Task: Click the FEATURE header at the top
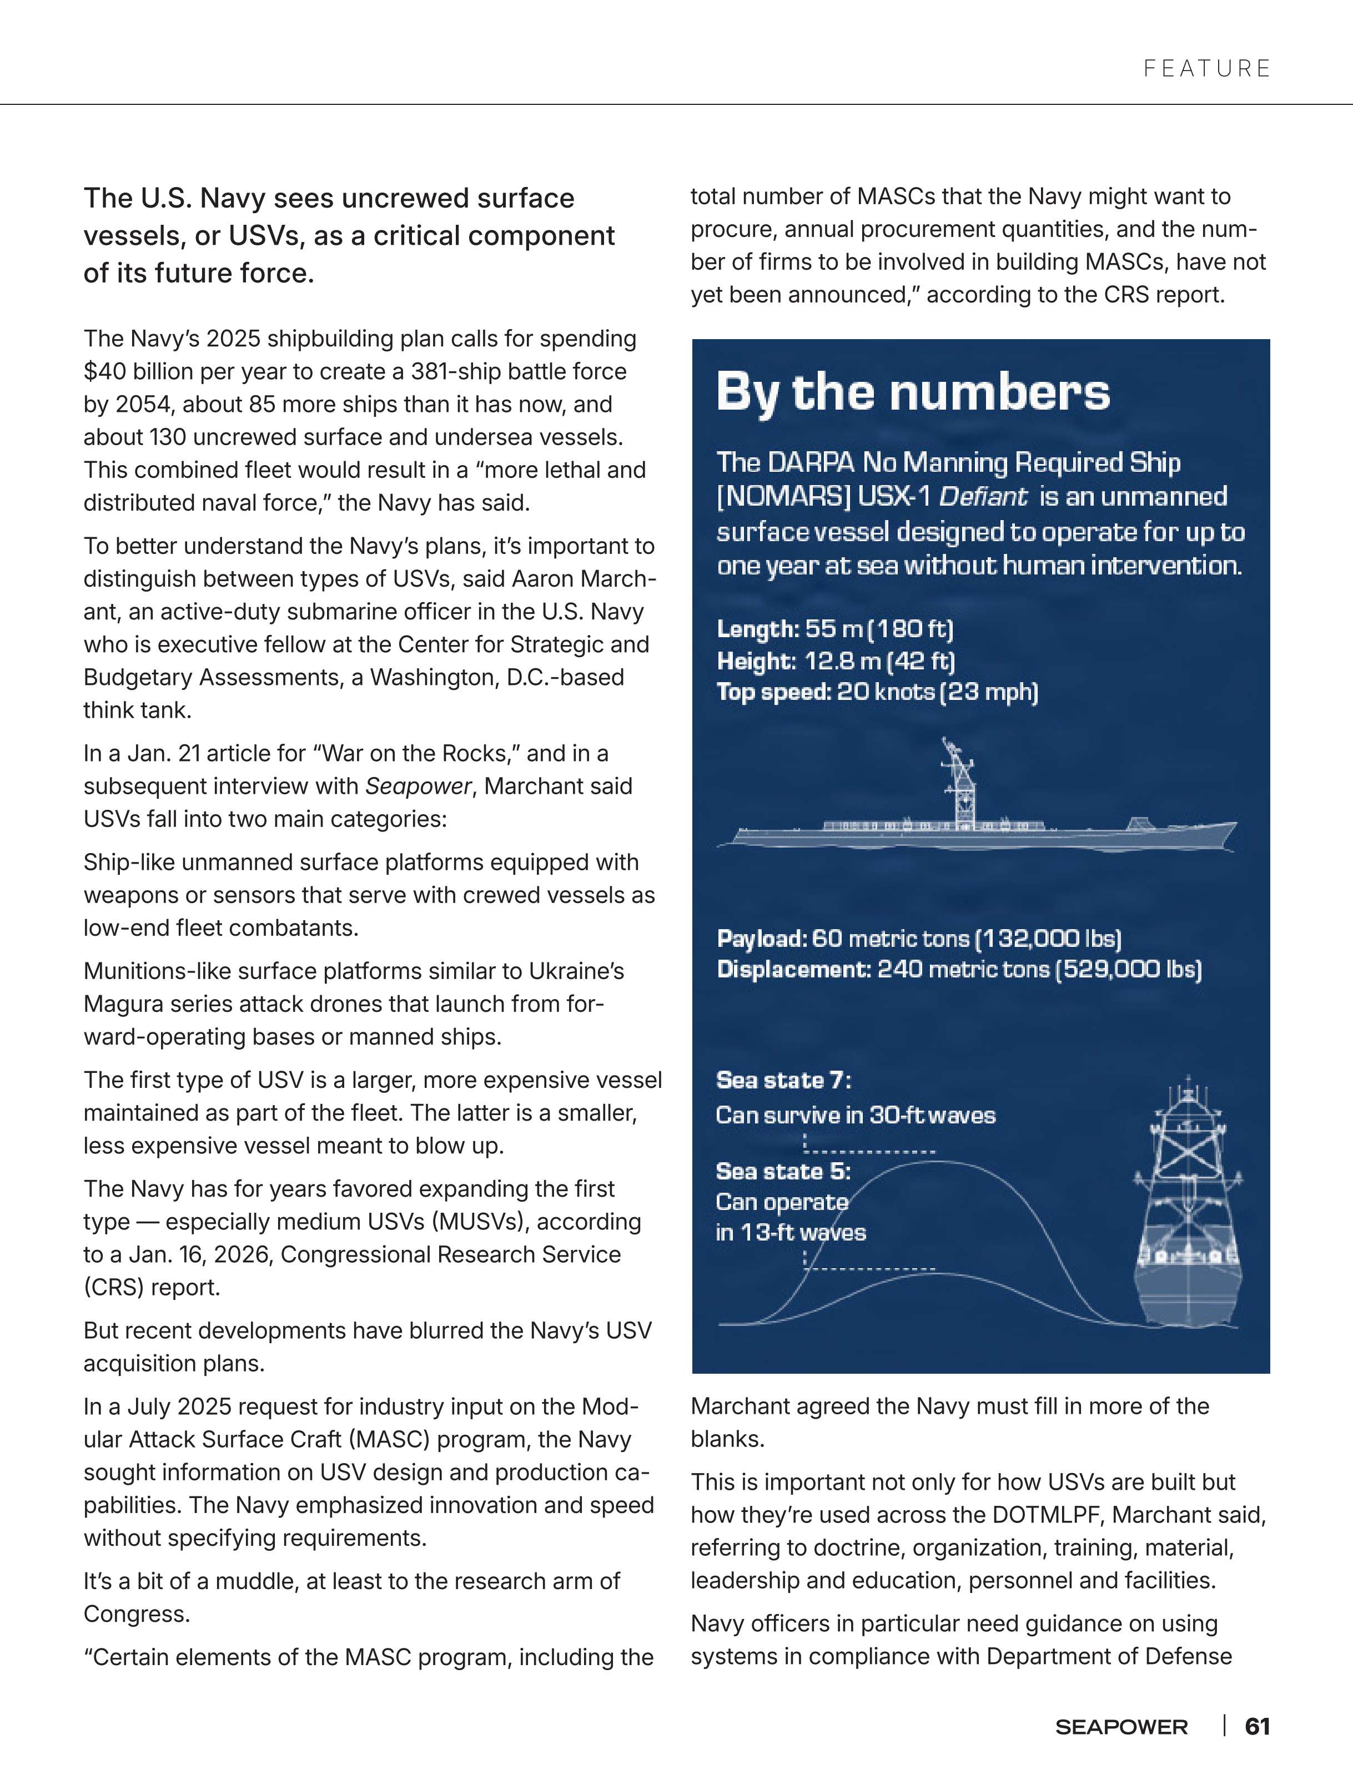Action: pyautogui.click(x=1206, y=69)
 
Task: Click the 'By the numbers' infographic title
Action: pyautogui.click(x=913, y=394)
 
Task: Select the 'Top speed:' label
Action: pyautogui.click(x=773, y=693)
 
